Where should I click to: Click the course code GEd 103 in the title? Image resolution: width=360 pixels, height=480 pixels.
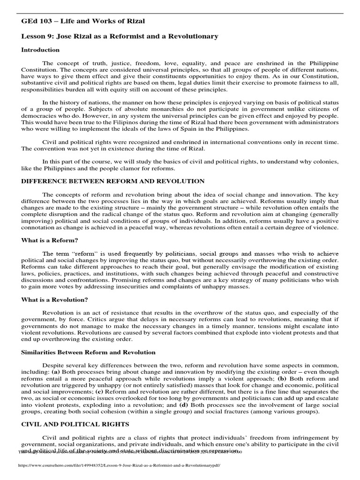35,21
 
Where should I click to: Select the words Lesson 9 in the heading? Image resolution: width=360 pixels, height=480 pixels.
37,36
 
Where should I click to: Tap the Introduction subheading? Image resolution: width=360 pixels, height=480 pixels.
41,50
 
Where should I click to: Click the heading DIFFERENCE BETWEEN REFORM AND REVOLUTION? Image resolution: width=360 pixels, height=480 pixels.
106,181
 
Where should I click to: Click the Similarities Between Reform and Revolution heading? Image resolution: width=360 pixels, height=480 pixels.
88,352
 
